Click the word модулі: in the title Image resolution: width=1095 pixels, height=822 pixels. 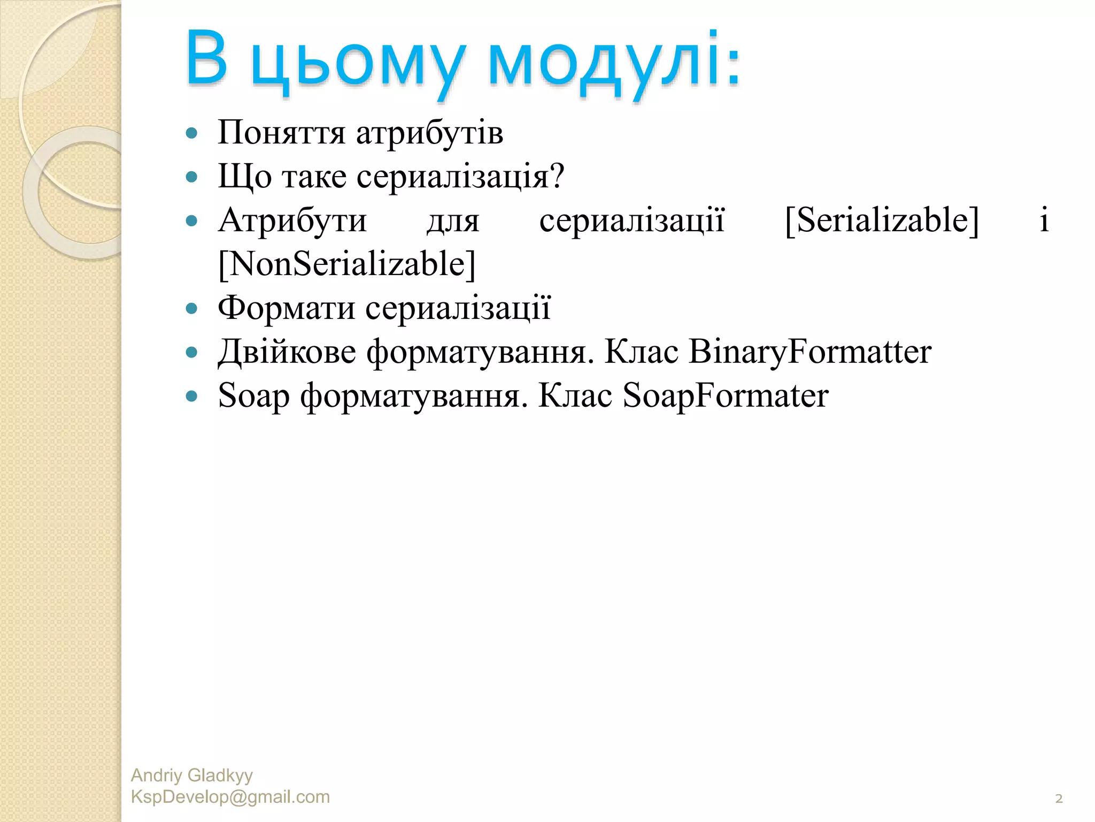pyautogui.click(x=614, y=60)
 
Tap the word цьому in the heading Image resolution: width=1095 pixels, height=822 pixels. pyautogui.click(x=357, y=63)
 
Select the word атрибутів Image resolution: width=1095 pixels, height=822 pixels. pyautogui.click(x=429, y=133)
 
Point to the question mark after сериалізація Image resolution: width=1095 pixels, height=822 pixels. pyautogui.click(x=557, y=176)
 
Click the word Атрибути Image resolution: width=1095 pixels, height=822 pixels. pyautogui.click(x=292, y=220)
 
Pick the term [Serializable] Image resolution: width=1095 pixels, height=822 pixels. pyautogui.click(x=882, y=220)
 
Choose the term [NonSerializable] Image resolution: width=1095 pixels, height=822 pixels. pyautogui.click(x=347, y=264)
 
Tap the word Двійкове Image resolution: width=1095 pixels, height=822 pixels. pyautogui.click(x=287, y=352)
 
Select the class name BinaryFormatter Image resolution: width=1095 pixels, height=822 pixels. pyautogui.click(x=809, y=352)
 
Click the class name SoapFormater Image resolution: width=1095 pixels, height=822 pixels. pyautogui.click(x=726, y=395)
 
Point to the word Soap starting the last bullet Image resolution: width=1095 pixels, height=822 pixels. pyautogui.click(x=254, y=397)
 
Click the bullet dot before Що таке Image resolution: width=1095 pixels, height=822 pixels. pyautogui.click(x=191, y=177)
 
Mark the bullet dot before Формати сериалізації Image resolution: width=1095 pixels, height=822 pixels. pyautogui.click(x=191, y=308)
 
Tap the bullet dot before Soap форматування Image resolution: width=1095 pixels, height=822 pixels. pyautogui.click(x=191, y=396)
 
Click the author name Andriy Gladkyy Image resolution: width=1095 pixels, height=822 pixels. pyautogui.click(x=191, y=775)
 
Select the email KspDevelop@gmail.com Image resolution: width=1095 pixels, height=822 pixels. pyautogui.click(x=230, y=797)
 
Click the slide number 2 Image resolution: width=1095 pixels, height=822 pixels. pyautogui.click(x=1059, y=798)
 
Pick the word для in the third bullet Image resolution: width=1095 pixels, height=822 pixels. pyautogui.click(x=453, y=220)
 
